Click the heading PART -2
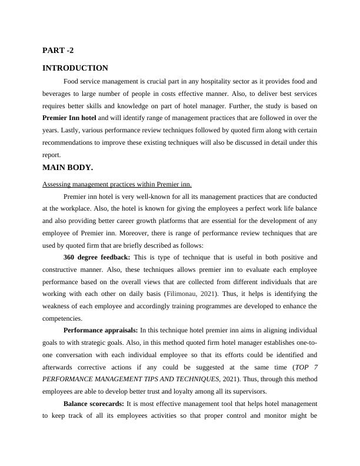click(x=58, y=51)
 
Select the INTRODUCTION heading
click(x=75, y=68)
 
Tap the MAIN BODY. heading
click(x=68, y=168)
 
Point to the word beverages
click(x=59, y=94)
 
